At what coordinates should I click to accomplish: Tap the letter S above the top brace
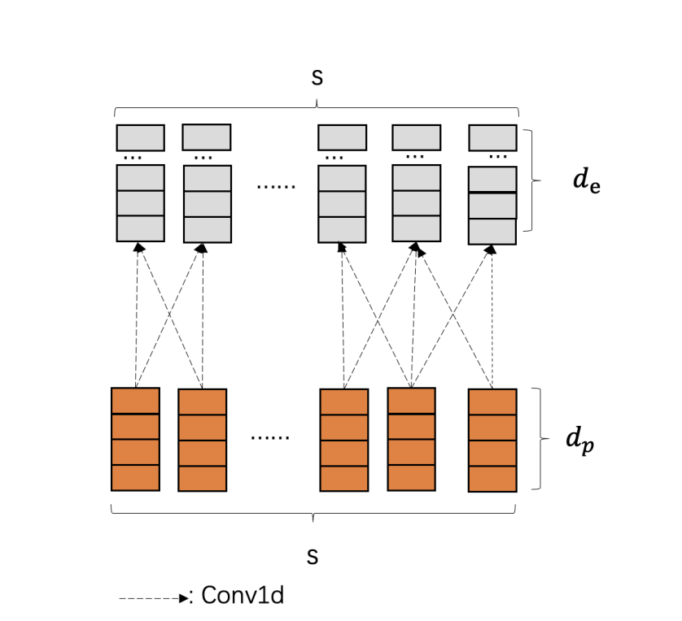pos(317,77)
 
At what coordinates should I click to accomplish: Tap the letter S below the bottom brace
pos(313,557)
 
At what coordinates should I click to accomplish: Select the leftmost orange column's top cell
pos(135,401)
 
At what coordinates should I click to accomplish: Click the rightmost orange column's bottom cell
pos(492,479)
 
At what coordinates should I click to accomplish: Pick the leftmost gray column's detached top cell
pos(140,137)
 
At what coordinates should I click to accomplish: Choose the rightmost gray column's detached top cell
pos(492,137)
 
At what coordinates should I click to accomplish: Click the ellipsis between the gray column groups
pos(276,185)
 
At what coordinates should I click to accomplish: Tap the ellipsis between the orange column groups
pos(270,437)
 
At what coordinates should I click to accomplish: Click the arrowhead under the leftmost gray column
pos(139,247)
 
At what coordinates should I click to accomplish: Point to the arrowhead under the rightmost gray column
pos(492,250)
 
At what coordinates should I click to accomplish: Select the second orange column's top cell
pos(202,402)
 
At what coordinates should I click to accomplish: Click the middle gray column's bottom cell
pos(342,230)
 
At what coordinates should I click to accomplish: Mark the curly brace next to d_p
pos(538,439)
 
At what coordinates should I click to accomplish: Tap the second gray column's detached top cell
pos(206,137)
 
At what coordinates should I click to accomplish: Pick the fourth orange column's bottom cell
pos(411,478)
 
